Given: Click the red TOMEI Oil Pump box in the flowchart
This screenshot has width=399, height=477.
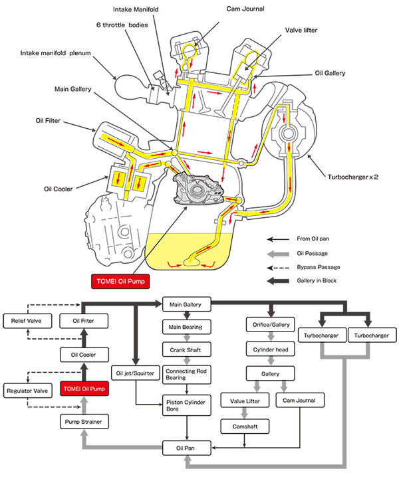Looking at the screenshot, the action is point(84,389).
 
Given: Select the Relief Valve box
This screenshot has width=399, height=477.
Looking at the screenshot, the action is point(27,321).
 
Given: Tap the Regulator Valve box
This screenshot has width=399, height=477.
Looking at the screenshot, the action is point(27,391).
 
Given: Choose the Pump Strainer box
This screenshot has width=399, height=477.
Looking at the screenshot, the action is point(84,422).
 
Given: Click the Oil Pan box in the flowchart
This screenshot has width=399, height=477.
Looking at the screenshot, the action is point(187,448).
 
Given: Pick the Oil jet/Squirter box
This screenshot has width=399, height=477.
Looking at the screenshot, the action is point(136,373).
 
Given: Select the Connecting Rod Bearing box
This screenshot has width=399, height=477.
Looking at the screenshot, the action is point(187,375).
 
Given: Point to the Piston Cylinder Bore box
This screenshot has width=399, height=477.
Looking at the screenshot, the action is point(187,405).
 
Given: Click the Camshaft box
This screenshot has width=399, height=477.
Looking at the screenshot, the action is point(245,427).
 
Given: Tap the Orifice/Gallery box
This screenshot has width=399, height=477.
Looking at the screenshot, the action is point(271,325).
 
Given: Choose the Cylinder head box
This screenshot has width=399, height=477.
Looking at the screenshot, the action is point(271,349).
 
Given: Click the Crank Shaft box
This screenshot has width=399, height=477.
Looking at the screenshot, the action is point(187,349).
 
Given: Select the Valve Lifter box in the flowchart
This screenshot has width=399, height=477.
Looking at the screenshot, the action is point(245,401).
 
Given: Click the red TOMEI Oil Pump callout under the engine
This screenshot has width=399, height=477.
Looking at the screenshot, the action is point(120,282).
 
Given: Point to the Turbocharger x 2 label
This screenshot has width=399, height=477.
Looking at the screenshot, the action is point(352,177).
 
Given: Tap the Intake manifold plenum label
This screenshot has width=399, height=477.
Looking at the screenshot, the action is point(55,53).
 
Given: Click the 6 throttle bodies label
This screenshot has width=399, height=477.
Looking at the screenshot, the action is point(122,25).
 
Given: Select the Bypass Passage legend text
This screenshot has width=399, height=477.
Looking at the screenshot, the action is point(319,267).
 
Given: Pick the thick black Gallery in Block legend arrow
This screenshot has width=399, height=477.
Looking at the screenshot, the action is point(278,281).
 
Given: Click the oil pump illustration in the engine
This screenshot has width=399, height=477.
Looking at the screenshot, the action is point(198,189).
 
